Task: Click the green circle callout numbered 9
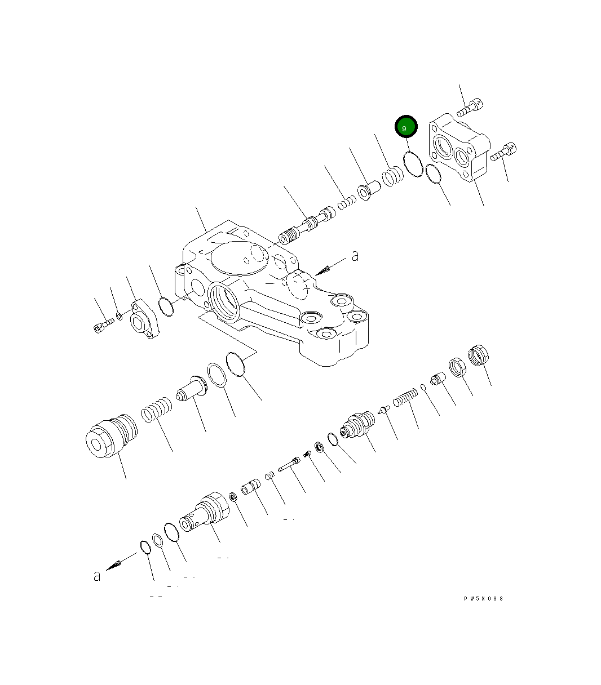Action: [406, 127]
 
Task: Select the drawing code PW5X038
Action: [483, 598]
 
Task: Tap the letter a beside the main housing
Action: [355, 256]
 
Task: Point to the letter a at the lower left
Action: [97, 576]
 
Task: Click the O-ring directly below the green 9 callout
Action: [413, 163]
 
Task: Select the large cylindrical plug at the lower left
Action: [110, 436]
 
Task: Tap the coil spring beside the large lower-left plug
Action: [156, 409]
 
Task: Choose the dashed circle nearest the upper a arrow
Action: [297, 285]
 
